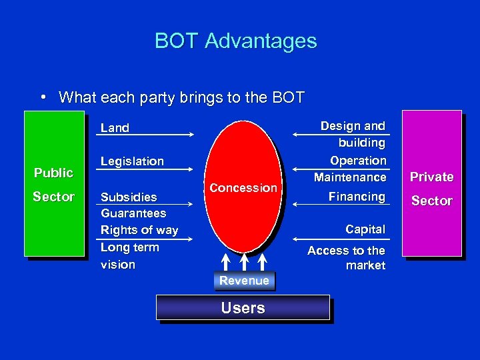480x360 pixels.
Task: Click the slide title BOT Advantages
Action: (235, 41)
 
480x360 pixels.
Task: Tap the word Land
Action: (115, 128)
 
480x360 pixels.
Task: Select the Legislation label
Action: (132, 161)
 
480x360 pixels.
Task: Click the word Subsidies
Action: (129, 197)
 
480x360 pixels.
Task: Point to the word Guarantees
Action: (133, 213)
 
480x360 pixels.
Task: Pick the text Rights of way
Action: (139, 230)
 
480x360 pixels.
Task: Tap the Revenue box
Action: (244, 281)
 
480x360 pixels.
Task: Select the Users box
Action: (243, 308)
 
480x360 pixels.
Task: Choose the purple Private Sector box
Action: (431, 183)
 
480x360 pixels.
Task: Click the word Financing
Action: (357, 197)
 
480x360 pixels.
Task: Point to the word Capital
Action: (365, 229)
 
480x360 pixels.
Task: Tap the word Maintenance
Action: (350, 177)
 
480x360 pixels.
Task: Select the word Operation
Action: (358, 161)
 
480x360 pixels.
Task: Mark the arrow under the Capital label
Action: (340, 238)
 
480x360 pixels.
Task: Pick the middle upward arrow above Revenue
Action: (245, 261)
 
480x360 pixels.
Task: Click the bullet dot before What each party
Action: (43, 97)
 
